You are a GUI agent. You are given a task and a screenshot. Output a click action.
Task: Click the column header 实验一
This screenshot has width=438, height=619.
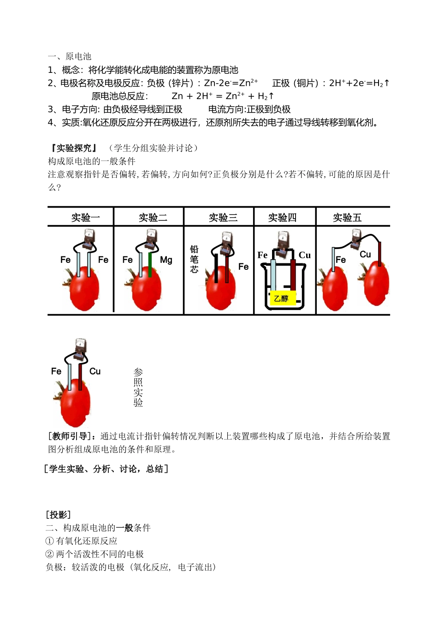pyautogui.click(x=85, y=217)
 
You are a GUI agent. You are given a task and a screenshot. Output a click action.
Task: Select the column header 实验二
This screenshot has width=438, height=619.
pyautogui.click(x=153, y=217)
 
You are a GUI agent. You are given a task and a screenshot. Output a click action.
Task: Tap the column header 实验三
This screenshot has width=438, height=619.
pyautogui.click(x=223, y=217)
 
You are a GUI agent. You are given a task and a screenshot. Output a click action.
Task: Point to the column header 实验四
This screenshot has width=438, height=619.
pyautogui.click(x=282, y=217)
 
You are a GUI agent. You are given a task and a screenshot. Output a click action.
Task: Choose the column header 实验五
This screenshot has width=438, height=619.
pyautogui.click(x=347, y=217)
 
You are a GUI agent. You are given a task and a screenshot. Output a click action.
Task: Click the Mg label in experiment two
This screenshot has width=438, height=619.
pyautogui.click(x=166, y=260)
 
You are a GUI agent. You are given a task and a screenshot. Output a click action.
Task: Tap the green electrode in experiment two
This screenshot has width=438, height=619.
pyautogui.click(x=150, y=265)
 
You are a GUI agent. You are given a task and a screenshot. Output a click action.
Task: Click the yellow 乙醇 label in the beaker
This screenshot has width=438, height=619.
pyautogui.click(x=281, y=299)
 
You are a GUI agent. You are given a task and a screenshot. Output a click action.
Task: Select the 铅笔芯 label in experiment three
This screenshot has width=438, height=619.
pyautogui.click(x=194, y=259)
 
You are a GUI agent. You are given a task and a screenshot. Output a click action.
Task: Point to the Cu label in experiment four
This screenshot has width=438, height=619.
pyautogui.click(x=305, y=255)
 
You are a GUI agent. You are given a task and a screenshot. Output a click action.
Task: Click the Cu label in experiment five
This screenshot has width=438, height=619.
pyautogui.click(x=365, y=254)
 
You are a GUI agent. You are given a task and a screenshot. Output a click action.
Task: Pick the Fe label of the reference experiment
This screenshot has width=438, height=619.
pyautogui.click(x=56, y=371)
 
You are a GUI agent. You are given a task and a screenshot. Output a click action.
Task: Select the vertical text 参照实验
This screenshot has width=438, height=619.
pyautogui.click(x=138, y=387)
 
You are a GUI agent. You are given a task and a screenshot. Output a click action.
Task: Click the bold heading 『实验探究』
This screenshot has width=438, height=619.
pyautogui.click(x=74, y=148)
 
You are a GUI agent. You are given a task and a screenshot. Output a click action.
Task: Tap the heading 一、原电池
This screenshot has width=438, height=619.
pyautogui.click(x=70, y=56)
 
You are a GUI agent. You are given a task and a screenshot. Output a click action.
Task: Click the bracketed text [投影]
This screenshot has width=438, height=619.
pyautogui.click(x=59, y=515)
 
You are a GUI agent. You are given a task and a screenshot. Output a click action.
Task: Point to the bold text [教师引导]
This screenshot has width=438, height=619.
pyautogui.click(x=72, y=436)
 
